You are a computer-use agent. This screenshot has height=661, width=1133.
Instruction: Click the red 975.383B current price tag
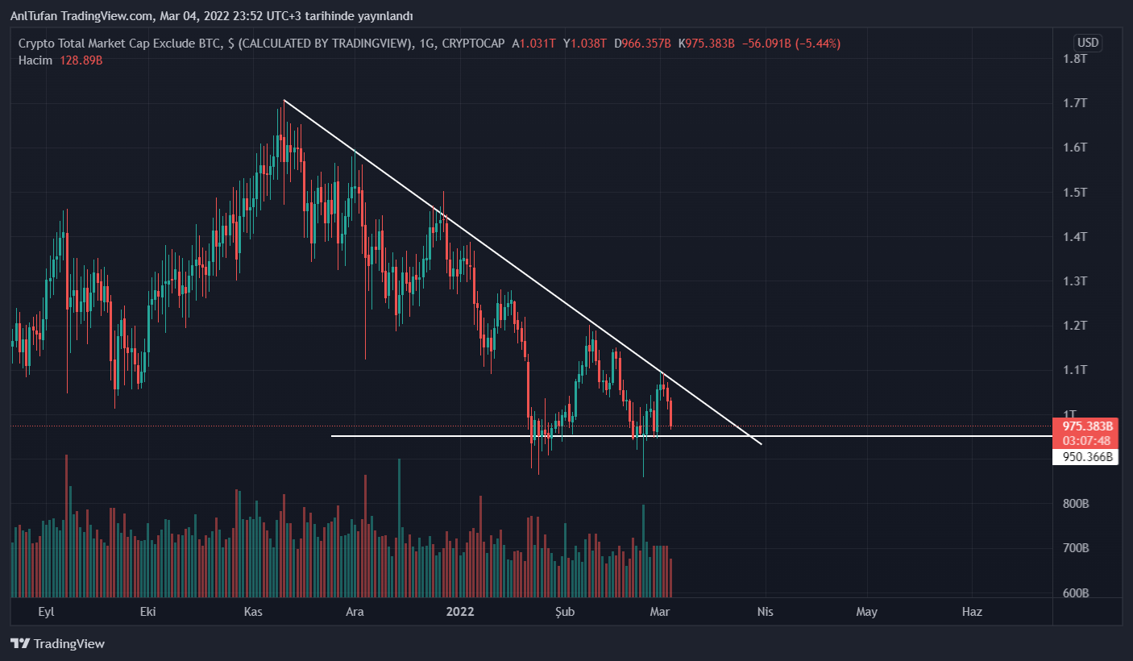1087,426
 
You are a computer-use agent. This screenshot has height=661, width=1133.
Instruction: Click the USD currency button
1088,43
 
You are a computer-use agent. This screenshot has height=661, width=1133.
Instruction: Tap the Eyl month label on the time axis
47,612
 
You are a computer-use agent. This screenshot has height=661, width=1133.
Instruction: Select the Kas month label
254,612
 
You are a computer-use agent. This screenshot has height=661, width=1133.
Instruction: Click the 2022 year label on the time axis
460,612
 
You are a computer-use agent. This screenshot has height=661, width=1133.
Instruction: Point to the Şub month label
566,612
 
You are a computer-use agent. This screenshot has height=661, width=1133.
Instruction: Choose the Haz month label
972,612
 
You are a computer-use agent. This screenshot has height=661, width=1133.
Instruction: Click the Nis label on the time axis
765,612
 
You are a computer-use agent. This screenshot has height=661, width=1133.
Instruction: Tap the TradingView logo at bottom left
57,644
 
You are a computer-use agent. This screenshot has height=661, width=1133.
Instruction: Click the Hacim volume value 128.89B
81,60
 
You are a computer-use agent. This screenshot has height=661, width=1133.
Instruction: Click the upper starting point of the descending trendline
284,100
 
